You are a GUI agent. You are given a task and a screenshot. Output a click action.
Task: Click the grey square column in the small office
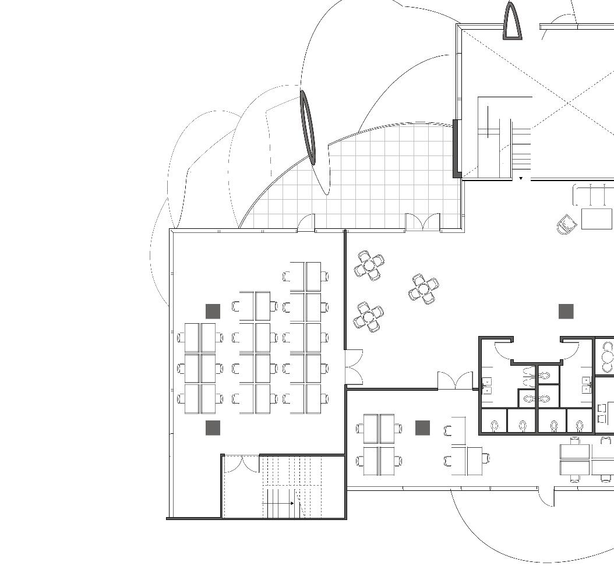coord(422,428)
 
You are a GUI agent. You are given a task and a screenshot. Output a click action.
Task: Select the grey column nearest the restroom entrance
coord(566,312)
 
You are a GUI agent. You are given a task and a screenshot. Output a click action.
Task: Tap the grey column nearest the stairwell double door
coord(213,428)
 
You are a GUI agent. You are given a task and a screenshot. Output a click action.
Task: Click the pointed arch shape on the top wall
coord(511,22)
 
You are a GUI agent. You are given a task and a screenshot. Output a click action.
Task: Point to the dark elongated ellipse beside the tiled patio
coord(307,127)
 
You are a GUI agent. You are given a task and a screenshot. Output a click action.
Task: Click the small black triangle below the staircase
coord(521,179)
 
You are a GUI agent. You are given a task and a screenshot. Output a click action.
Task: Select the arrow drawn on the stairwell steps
coord(278,503)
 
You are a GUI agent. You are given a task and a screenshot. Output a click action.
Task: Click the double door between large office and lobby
coord(354,367)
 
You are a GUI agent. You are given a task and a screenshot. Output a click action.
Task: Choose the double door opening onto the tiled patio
coord(423,222)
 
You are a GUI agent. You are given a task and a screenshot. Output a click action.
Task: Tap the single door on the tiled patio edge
coord(306,223)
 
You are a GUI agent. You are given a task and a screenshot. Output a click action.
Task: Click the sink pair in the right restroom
coord(586,385)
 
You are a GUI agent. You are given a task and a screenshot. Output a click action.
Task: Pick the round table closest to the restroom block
coord(424,289)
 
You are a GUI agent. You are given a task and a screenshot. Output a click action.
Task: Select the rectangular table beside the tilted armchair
coord(597,219)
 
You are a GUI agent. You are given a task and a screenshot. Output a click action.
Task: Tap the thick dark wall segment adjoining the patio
coord(457,148)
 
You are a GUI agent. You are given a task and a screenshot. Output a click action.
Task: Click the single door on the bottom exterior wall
coord(546,496)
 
